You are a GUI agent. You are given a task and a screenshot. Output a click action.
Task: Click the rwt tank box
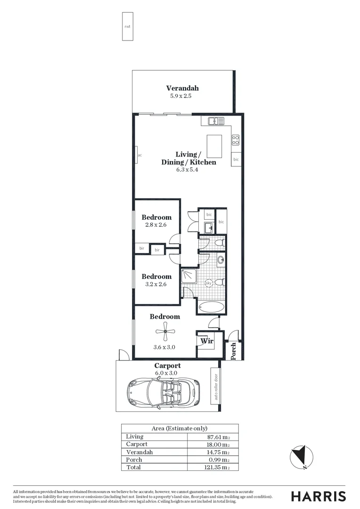127,26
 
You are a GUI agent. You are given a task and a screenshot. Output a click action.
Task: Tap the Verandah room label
182,88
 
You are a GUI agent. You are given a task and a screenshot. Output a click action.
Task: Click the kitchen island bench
214,147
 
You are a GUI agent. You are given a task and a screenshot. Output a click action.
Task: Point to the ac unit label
140,155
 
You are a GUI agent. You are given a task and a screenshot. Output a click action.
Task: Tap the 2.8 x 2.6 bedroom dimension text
156,225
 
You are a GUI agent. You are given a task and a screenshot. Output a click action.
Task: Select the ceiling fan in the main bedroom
165,332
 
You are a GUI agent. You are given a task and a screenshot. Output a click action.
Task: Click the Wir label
205,340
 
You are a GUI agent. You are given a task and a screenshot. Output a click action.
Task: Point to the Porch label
233,351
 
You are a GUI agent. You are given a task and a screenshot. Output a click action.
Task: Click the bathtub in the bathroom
211,307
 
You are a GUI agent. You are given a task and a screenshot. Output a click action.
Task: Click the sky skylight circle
209,283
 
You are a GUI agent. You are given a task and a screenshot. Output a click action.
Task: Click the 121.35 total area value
219,467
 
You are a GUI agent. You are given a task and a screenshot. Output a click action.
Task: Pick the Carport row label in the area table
137,444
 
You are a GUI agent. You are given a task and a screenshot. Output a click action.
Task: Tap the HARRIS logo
318,496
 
